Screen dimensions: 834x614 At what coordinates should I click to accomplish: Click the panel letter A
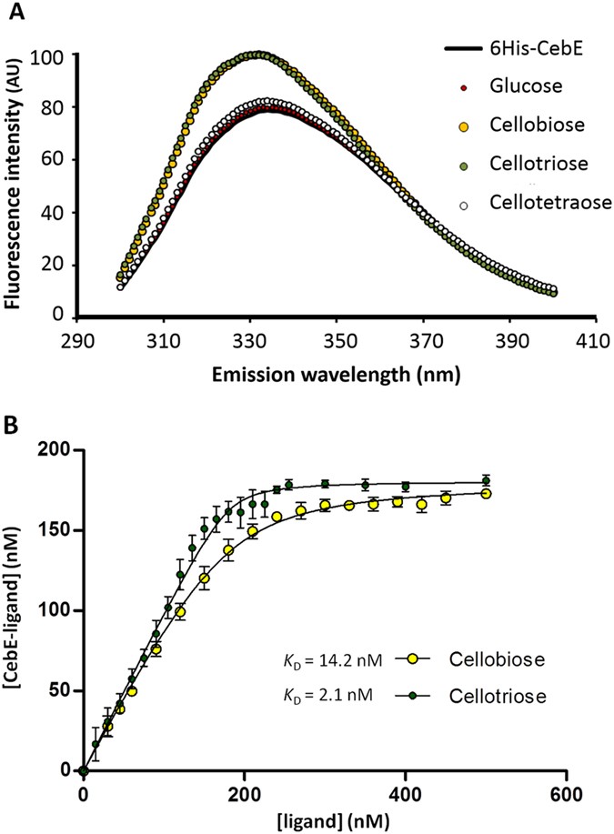15,13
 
